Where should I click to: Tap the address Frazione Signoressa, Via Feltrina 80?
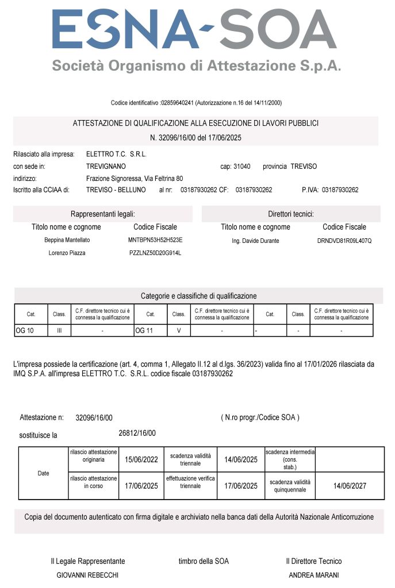[135, 179]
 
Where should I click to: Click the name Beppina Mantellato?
[67, 240]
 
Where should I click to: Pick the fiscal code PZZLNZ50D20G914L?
[155, 253]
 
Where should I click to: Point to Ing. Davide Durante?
[255, 241]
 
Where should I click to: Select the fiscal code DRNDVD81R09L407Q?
[344, 241]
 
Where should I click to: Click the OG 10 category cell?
[25, 331]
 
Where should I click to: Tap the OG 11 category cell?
[144, 331]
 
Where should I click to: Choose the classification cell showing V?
[179, 331]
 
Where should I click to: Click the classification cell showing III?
[59, 331]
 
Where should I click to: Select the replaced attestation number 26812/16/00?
[137, 433]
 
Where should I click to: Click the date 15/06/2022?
[141, 459]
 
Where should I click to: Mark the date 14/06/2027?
[350, 486]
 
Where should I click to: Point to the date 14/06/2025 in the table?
[241, 459]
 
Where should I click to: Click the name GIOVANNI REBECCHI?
[87, 575]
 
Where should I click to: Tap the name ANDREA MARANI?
[314, 575]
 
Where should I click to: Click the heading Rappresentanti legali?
[103, 214]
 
